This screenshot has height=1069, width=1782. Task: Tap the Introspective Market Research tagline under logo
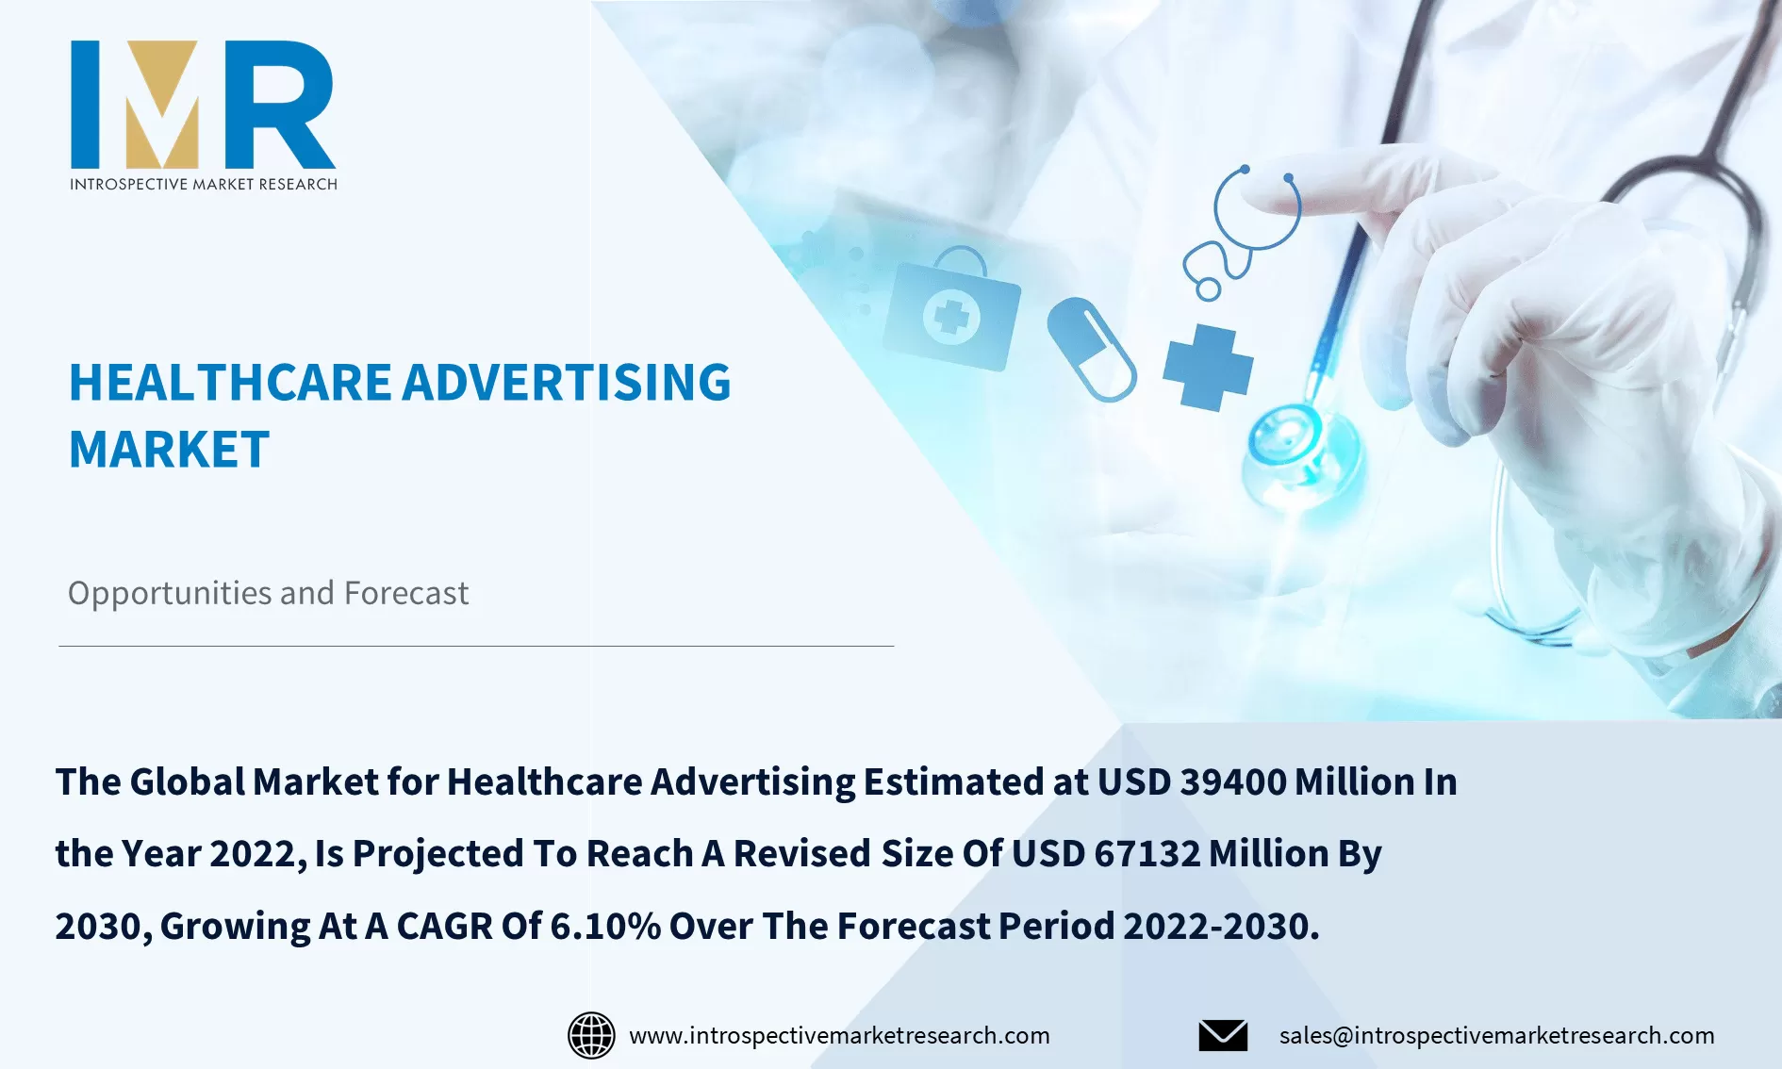pos(203,184)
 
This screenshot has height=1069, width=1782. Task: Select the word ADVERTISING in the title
pos(568,383)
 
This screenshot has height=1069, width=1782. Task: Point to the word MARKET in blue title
pos(169,450)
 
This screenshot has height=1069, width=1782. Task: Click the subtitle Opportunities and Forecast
pos(268,593)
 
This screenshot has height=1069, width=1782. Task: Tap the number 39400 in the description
pos(1233,782)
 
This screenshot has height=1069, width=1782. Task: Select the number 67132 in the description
pos(1147,854)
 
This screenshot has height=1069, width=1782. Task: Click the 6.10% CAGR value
pos(604,927)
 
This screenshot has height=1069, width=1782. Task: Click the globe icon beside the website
pos(591,1035)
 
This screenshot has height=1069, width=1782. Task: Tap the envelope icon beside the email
pos(1223,1035)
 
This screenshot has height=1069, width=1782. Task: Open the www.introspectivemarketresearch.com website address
pos(839,1035)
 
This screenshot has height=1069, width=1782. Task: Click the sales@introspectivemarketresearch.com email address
pos(1496,1035)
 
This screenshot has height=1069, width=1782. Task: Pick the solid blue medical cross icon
pos(1208,368)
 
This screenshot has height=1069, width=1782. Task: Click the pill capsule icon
pos(1092,349)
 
